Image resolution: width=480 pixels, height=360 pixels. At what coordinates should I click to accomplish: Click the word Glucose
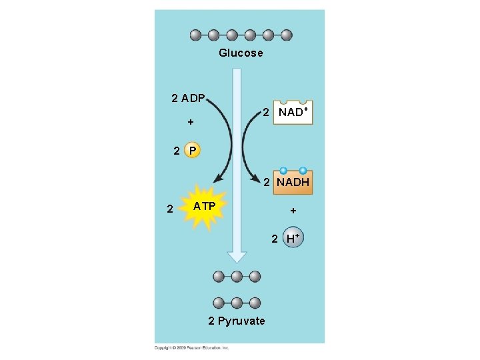241,53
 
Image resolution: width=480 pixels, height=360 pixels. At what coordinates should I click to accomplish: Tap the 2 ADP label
188,99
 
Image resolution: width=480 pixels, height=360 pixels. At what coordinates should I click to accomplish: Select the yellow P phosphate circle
191,151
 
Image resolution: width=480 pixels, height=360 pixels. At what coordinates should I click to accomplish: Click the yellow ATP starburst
203,207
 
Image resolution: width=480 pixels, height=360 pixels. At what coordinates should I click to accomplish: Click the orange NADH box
291,181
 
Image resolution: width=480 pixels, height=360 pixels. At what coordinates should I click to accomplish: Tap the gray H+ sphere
293,238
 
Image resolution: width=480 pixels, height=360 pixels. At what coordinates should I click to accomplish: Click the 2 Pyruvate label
237,321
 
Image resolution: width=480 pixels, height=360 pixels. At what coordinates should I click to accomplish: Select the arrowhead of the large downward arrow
237,256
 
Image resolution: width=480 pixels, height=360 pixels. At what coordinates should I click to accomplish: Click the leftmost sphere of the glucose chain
195,35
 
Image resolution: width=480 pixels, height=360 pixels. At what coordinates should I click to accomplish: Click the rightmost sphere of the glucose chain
287,35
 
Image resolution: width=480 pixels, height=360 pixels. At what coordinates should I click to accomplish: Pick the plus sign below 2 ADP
191,123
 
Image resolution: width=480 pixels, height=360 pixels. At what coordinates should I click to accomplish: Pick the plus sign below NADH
292,211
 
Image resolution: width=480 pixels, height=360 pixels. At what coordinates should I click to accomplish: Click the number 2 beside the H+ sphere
274,238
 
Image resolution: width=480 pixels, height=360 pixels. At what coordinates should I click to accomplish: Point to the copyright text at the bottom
192,347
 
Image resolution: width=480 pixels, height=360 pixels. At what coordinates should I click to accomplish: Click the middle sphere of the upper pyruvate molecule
237,276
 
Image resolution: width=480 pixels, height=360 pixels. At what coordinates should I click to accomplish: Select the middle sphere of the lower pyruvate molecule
237,302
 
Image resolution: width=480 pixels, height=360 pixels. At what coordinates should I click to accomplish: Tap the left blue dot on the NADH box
283,171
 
